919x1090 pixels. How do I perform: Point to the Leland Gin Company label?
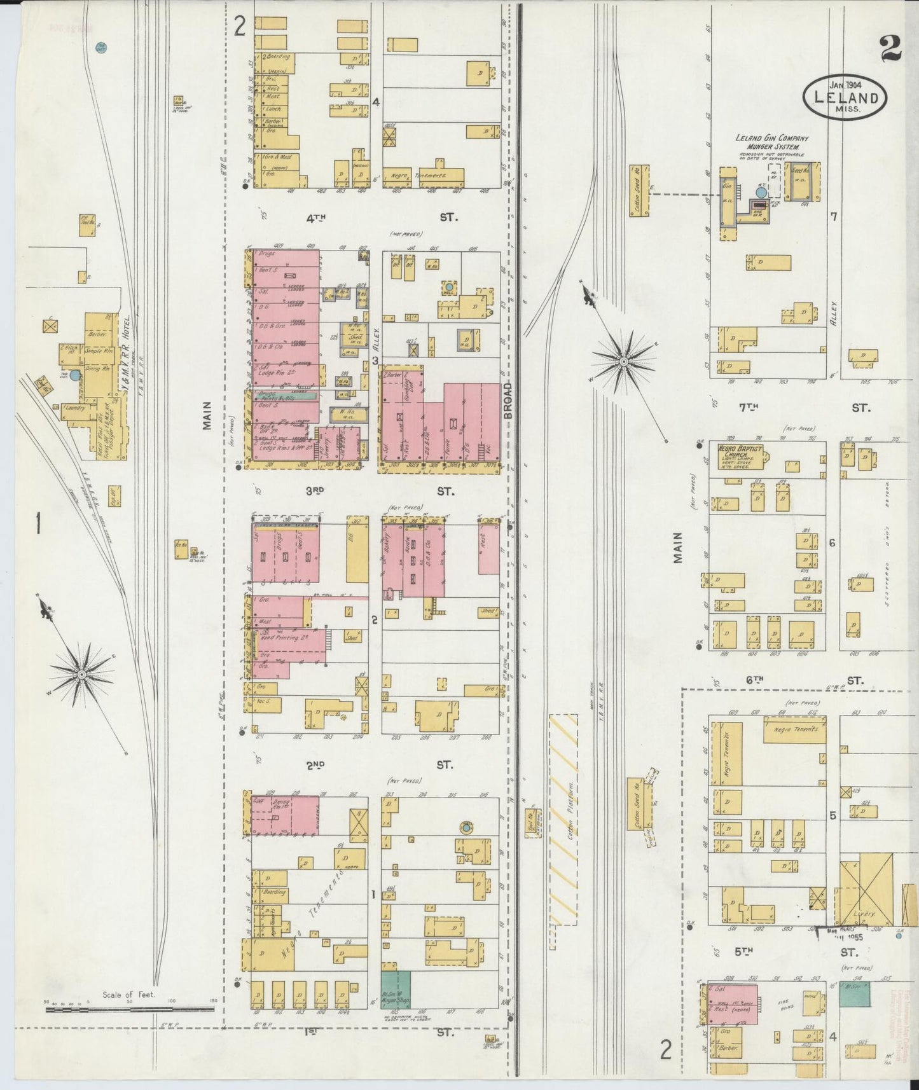(x=771, y=138)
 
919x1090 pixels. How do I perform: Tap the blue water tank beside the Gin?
(x=761, y=191)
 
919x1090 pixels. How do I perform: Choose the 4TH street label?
(x=315, y=218)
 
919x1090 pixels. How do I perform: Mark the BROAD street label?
(x=508, y=401)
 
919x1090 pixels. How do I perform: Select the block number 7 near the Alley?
(x=833, y=217)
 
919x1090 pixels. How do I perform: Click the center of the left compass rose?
(x=82, y=672)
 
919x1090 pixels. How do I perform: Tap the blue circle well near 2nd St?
(x=466, y=827)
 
